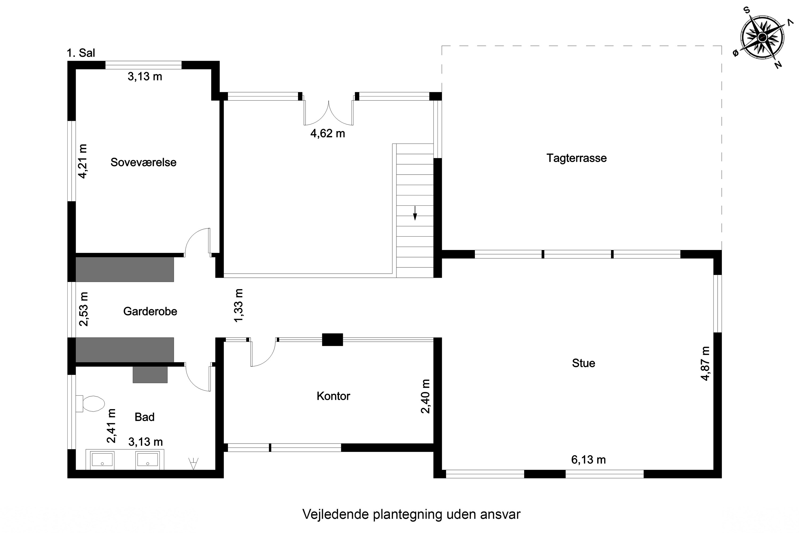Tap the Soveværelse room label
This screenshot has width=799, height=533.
pos(143,163)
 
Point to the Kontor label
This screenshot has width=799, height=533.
pos(333,396)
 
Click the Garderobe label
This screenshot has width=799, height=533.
pos(150,311)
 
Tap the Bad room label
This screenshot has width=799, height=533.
pos(144,417)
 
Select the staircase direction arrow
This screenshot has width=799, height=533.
pos(414,213)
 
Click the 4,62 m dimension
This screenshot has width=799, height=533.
pos(328,134)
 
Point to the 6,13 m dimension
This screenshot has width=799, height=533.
pos(588,460)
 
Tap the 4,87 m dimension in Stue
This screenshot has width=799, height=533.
pos(705,364)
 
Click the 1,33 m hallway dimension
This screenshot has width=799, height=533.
pos(239,305)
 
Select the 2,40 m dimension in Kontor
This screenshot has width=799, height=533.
pos(425,396)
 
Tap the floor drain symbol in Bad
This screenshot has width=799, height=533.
pos(193,463)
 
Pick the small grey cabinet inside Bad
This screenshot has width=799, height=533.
pos(150,375)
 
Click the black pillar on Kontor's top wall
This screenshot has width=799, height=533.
pos(332,340)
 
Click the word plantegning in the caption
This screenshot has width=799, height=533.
pos(408,514)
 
